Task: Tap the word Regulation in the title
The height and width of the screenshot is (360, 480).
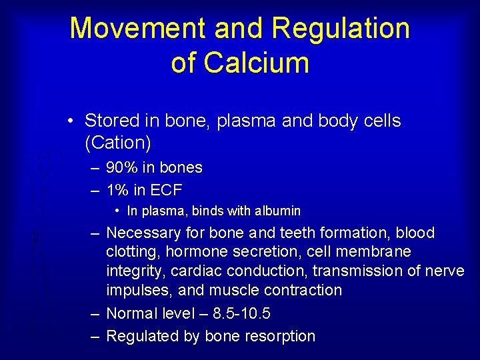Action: coord(341,29)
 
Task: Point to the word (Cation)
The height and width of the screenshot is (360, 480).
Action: coord(117,142)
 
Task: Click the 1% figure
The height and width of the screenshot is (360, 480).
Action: coord(117,190)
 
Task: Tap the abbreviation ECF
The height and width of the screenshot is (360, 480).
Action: coord(166,190)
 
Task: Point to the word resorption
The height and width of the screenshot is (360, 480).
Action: coord(278,336)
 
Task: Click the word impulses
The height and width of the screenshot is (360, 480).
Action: coord(137,291)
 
